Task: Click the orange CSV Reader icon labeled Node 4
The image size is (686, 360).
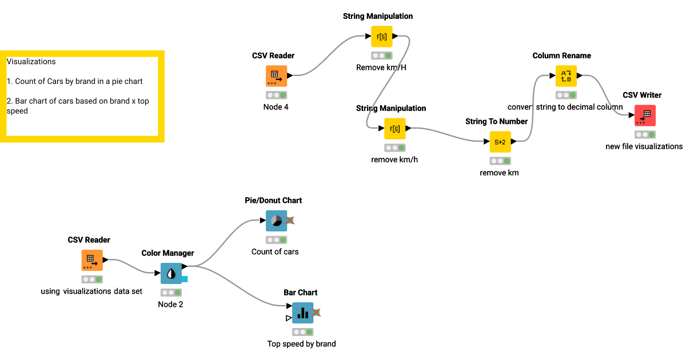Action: pyautogui.click(x=276, y=76)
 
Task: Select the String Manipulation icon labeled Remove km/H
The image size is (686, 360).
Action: pyautogui.click(x=382, y=37)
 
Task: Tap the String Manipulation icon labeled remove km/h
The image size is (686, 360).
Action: pyautogui.click(x=394, y=129)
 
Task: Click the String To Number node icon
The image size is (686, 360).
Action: pyautogui.click(x=500, y=142)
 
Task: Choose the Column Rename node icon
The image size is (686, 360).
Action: pyautogui.click(x=566, y=76)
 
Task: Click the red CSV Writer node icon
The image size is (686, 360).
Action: pyautogui.click(x=645, y=115)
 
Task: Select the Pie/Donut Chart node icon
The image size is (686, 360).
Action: pyautogui.click(x=276, y=221)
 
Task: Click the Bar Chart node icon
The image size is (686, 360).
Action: pyautogui.click(x=302, y=313)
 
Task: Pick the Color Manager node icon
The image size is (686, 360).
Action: pyautogui.click(x=171, y=274)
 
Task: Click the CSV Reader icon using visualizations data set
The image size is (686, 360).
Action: pyautogui.click(x=91, y=260)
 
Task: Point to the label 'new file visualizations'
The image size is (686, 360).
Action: pyautogui.click(x=644, y=146)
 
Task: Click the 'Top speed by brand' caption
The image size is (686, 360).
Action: pyautogui.click(x=301, y=344)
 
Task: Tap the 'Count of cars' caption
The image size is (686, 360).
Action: pyautogui.click(x=275, y=251)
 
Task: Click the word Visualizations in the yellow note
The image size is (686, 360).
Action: pyautogui.click(x=31, y=61)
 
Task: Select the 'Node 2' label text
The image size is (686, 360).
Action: pyautogui.click(x=170, y=305)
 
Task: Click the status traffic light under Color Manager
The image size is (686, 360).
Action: pyautogui.click(x=171, y=293)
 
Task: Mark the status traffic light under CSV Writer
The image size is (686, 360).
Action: pyautogui.click(x=645, y=134)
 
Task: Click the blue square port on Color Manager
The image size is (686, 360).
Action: pyautogui.click(x=185, y=279)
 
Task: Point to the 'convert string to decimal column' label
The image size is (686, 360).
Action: pyautogui.click(x=565, y=107)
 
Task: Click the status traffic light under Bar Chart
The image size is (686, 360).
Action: pyautogui.click(x=302, y=332)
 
